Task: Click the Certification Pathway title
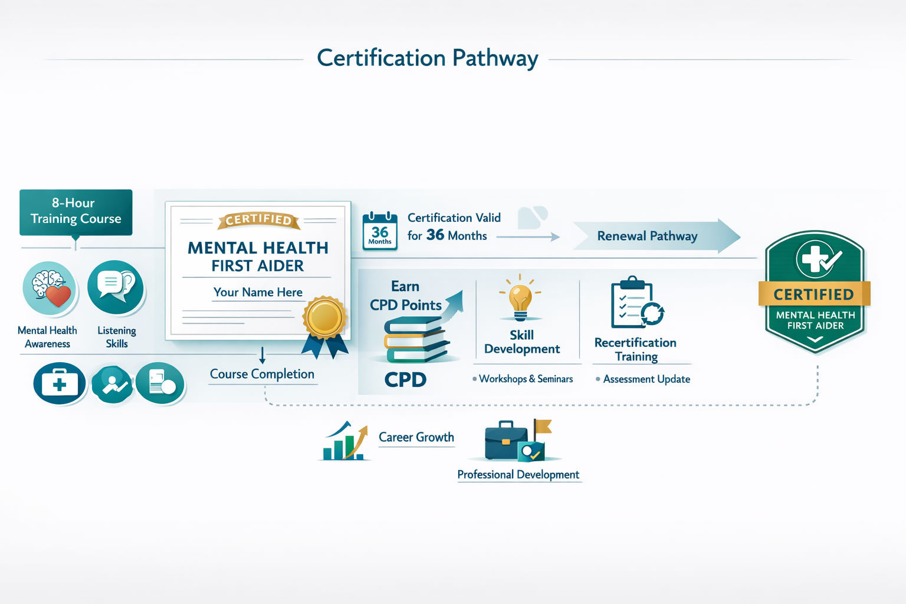(x=427, y=58)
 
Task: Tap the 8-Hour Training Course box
(x=75, y=212)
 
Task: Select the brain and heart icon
(x=50, y=288)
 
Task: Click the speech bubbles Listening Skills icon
(x=116, y=287)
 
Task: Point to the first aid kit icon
(x=60, y=383)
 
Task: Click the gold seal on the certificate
(x=324, y=317)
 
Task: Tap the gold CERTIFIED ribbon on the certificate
(x=258, y=220)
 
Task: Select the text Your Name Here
(x=258, y=292)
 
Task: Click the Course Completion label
(x=262, y=374)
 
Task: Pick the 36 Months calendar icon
(x=380, y=232)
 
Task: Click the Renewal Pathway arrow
(x=655, y=236)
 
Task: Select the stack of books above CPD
(x=415, y=340)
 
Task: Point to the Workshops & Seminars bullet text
(x=525, y=379)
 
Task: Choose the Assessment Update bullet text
(x=646, y=379)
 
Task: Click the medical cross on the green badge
(x=813, y=258)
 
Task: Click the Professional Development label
(x=518, y=475)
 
